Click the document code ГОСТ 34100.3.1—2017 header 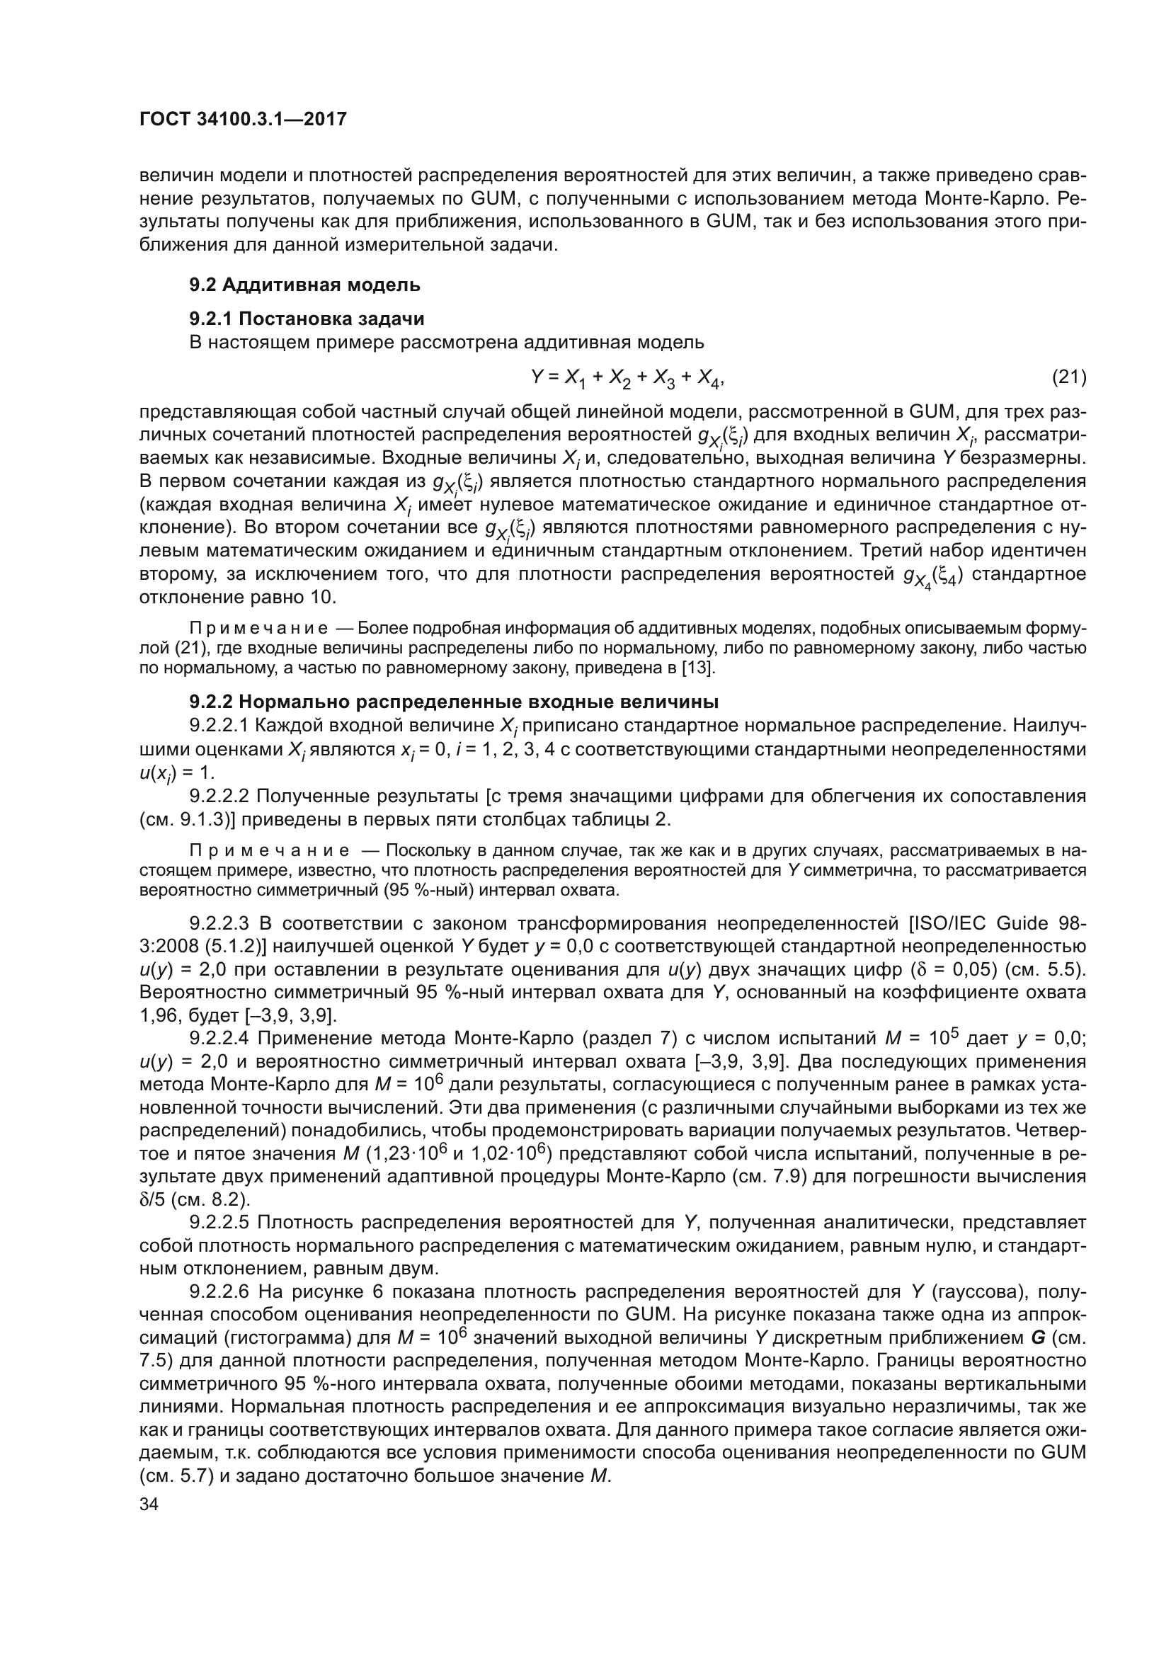pos(242,119)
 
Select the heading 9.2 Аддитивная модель pos(304,285)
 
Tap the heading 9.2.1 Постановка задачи pos(307,319)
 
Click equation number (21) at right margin pos(1068,377)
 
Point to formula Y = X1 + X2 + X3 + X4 pos(626,378)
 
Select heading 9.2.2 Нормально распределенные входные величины pos(454,702)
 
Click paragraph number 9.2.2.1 pos(219,725)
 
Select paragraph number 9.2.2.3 pos(219,923)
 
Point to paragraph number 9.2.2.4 pos(219,1039)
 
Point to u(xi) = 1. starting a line pos(177,772)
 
